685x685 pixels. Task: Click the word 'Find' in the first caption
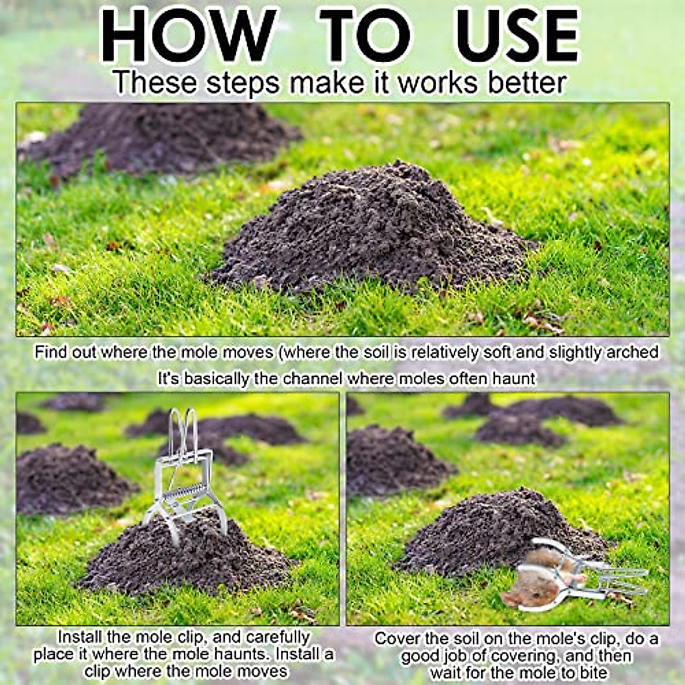pyautogui.click(x=51, y=352)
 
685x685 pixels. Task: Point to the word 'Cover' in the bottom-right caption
pyautogui.click(x=396, y=639)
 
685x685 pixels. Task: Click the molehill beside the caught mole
pyautogui.click(x=491, y=531)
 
